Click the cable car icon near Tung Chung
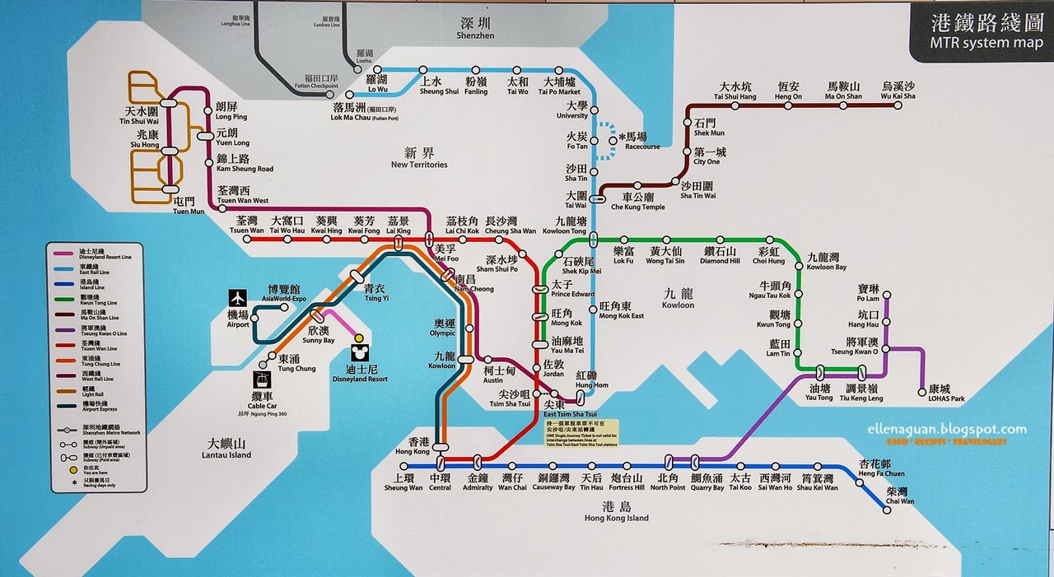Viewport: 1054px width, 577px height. (x=261, y=381)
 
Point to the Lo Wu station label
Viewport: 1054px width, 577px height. (x=376, y=85)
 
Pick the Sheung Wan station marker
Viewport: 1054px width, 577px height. (x=403, y=466)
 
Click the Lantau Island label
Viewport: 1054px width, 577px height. (x=228, y=449)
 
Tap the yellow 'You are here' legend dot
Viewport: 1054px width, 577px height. (x=62, y=469)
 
